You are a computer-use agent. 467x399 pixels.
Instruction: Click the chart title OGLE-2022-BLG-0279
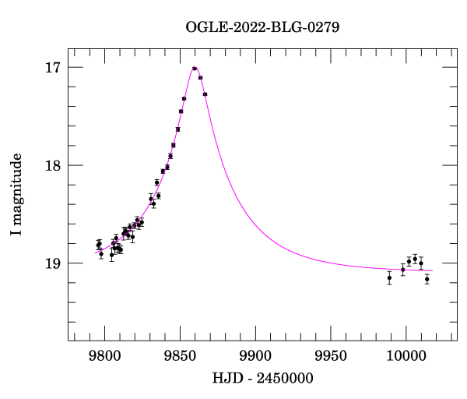pos(262,27)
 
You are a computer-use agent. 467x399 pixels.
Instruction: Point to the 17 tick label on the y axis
pos(53,68)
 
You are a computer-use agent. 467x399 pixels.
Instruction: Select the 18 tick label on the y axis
pos(53,165)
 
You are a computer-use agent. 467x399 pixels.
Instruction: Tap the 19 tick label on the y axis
pos(53,263)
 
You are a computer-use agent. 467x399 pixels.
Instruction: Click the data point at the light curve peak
pos(195,69)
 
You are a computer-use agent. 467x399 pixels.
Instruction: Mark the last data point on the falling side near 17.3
pos(205,94)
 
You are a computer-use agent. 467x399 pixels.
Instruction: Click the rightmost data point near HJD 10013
pos(427,278)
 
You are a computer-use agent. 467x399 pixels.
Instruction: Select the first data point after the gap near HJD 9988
pos(389,277)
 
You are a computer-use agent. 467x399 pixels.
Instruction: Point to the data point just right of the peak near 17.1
pos(200,78)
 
